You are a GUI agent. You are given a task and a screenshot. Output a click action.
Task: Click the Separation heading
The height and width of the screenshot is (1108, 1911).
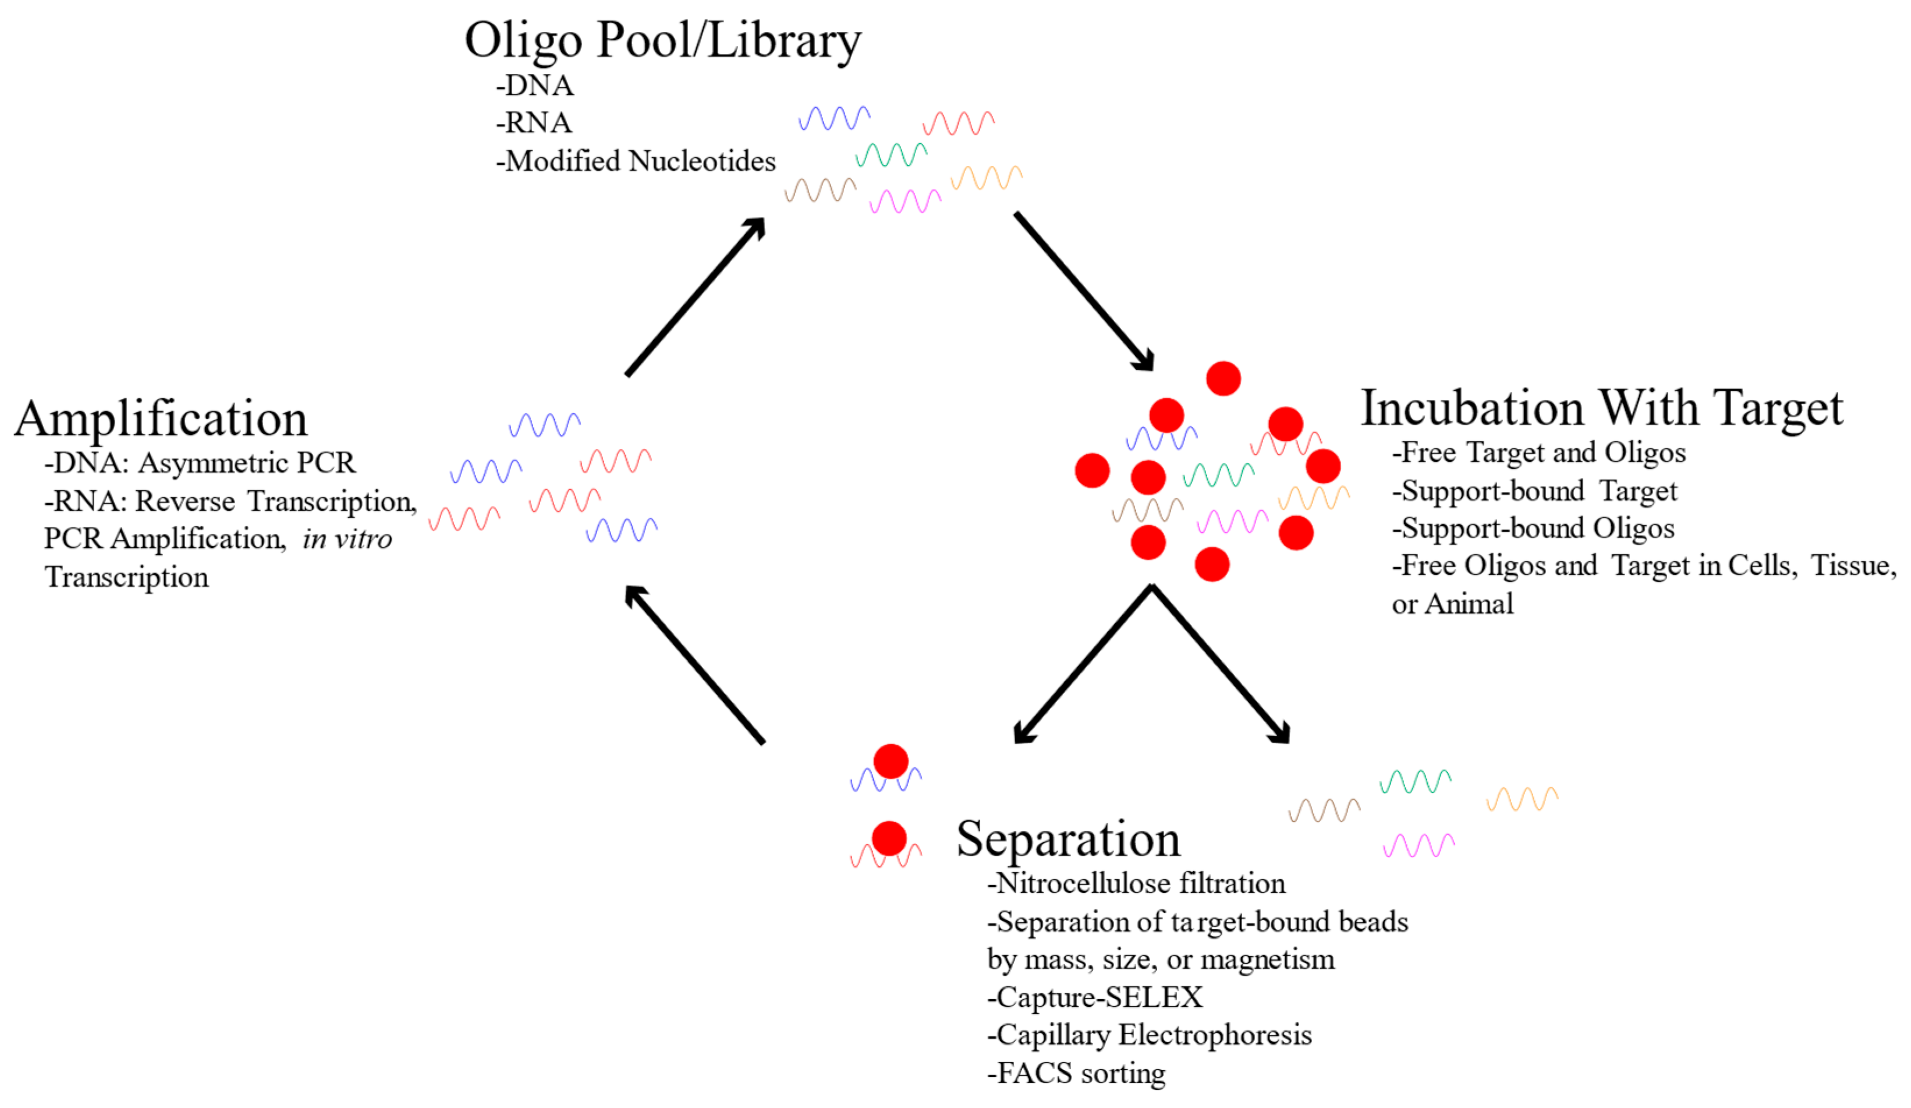1068,839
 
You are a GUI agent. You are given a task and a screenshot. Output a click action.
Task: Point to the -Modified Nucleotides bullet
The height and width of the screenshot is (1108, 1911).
636,161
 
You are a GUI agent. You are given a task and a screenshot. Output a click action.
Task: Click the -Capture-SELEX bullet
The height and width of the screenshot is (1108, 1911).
1094,997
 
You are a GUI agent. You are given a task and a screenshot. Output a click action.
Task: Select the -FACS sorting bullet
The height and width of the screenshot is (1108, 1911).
1076,1072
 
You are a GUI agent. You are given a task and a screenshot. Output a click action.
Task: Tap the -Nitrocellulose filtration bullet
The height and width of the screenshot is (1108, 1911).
1136,883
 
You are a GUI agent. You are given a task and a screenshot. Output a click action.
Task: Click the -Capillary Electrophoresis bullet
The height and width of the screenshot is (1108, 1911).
1149,1035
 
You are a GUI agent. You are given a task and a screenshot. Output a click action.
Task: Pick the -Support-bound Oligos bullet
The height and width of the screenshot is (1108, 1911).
1533,528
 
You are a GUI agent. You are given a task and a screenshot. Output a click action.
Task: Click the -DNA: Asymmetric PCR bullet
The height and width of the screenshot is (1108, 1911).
200,463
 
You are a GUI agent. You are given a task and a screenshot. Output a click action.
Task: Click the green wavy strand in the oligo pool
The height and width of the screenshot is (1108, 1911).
891,155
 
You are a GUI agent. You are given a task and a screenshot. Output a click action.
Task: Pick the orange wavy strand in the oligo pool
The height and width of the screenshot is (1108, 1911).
986,178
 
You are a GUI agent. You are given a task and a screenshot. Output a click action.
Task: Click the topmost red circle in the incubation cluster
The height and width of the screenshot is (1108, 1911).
1222,378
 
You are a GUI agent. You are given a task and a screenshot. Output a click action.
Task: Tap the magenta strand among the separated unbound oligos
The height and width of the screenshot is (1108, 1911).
1418,845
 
